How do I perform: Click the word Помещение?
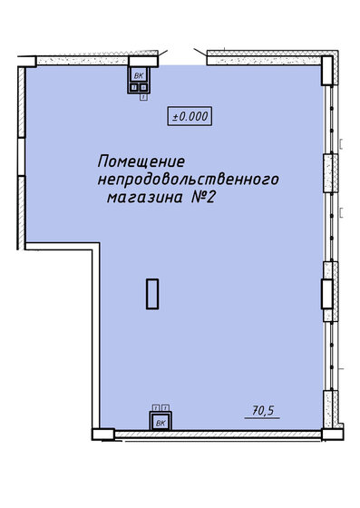(x=141, y=161)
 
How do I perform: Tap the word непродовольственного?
(x=188, y=180)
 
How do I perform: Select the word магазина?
(x=145, y=198)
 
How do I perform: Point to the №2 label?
(x=202, y=197)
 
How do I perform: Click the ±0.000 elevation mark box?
(x=190, y=116)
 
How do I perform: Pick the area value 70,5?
(x=263, y=411)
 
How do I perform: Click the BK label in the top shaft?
(x=139, y=76)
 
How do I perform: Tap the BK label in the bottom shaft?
(x=161, y=423)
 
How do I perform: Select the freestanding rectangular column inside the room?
(x=152, y=294)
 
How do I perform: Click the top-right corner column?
(x=327, y=71)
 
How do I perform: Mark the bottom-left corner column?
(x=103, y=435)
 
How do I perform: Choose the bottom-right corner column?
(x=333, y=435)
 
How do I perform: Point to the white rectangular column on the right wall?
(x=327, y=294)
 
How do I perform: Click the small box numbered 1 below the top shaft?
(x=144, y=97)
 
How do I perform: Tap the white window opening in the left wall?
(x=22, y=157)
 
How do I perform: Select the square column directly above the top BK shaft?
(x=143, y=62)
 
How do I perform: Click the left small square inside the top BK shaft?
(x=133, y=87)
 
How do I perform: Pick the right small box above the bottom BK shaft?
(x=166, y=407)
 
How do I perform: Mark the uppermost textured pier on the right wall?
(x=331, y=173)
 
